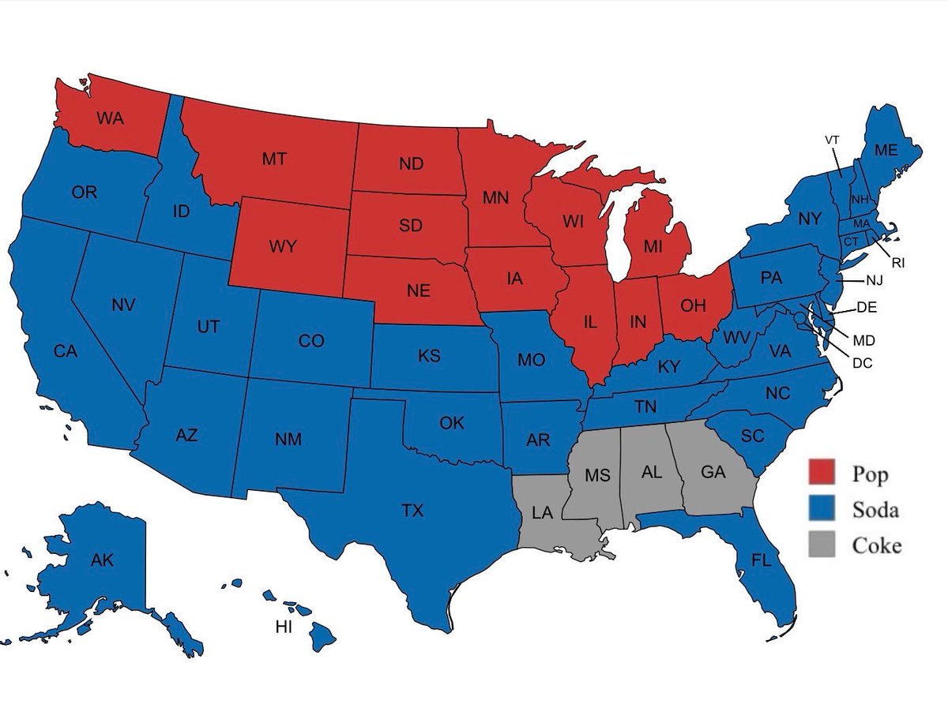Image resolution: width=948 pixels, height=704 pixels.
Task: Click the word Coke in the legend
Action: (x=876, y=545)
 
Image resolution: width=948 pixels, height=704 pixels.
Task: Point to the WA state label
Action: (x=110, y=118)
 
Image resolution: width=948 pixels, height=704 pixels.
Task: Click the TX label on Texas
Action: (x=412, y=511)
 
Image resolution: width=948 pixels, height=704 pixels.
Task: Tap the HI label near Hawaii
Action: (x=284, y=627)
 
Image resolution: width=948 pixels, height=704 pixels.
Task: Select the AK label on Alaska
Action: (x=102, y=560)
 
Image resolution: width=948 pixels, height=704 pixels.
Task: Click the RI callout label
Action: (x=897, y=263)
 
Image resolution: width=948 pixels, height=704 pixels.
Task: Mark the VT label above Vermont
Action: (x=832, y=140)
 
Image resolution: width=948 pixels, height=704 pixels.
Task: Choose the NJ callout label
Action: (x=875, y=279)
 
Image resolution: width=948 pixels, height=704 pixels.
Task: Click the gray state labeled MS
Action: (x=598, y=476)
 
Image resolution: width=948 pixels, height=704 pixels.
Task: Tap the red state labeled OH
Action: (x=693, y=306)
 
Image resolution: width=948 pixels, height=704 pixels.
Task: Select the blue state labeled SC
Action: (x=753, y=436)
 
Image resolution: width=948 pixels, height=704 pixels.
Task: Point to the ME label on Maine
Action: (x=886, y=151)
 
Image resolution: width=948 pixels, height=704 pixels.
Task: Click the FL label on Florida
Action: (x=761, y=560)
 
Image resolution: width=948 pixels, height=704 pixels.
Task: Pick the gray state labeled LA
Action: (x=542, y=513)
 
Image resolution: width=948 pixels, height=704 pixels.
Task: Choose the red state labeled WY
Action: (x=283, y=246)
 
